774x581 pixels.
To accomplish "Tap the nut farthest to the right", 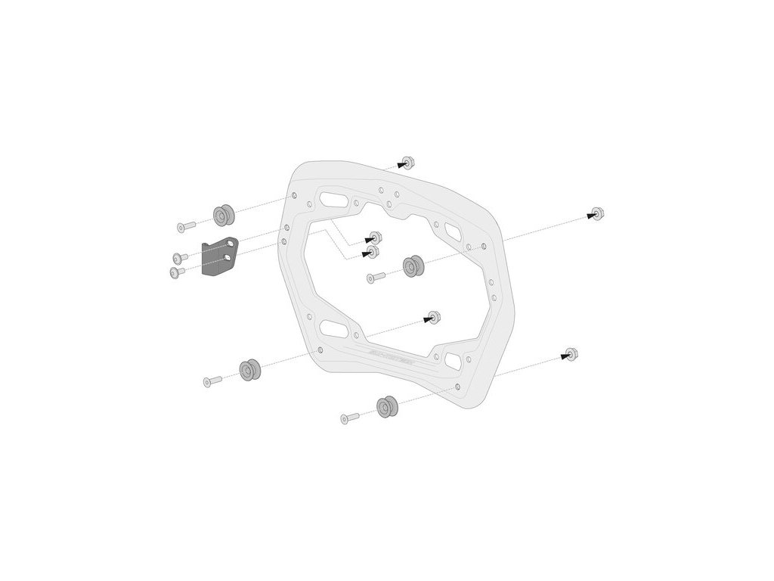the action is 597,213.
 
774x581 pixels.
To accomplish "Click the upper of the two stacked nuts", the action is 373,235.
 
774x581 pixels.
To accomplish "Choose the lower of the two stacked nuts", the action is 372,250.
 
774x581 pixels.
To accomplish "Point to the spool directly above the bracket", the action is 223,215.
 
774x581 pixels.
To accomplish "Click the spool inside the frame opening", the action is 413,266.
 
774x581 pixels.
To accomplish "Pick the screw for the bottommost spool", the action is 350,417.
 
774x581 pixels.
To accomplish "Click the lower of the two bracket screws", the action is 177,272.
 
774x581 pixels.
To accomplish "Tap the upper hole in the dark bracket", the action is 227,245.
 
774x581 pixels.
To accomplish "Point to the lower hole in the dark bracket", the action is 224,259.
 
